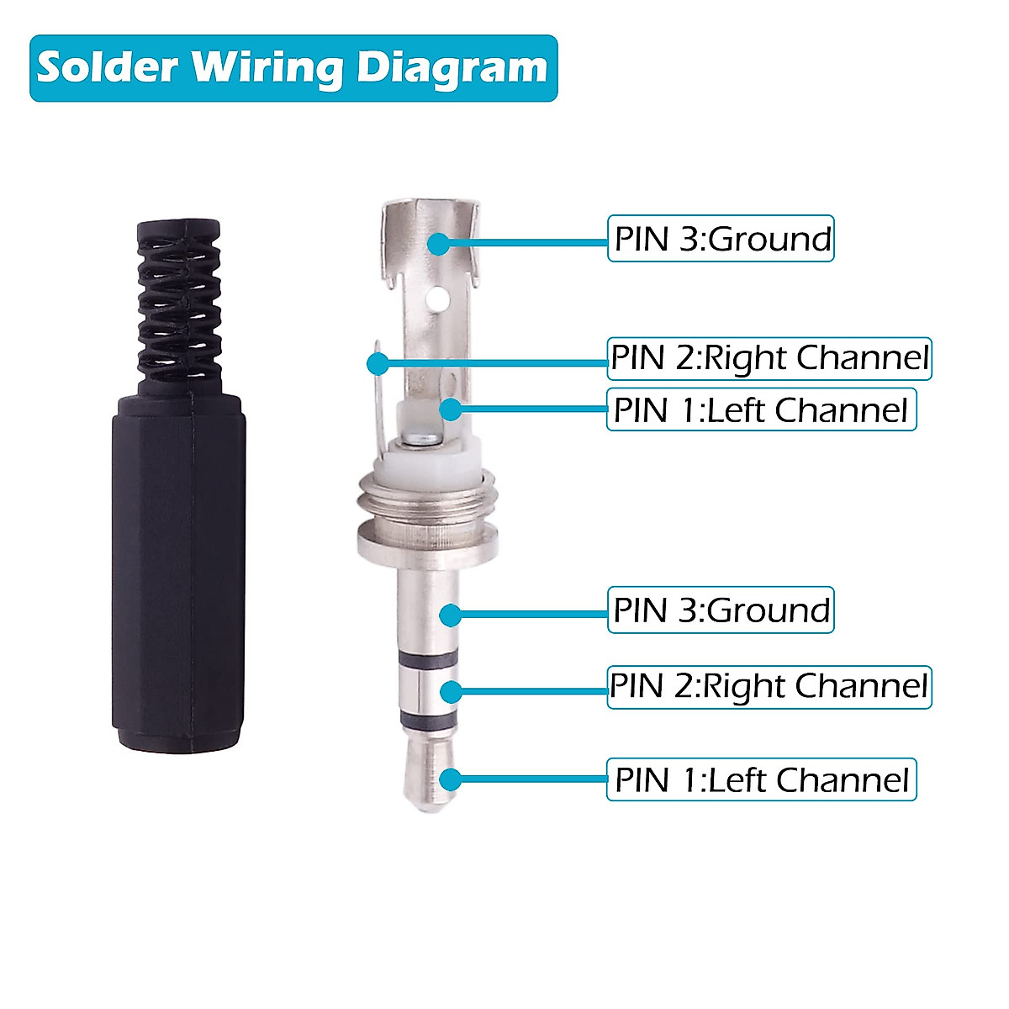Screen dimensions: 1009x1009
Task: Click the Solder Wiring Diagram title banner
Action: click(293, 68)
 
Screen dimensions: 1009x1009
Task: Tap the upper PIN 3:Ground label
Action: click(721, 239)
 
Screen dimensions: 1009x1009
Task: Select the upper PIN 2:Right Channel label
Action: click(769, 358)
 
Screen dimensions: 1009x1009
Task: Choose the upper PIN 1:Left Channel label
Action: click(761, 410)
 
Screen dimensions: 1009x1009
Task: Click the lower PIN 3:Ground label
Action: click(721, 610)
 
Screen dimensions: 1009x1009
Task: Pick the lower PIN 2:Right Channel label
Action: click(769, 687)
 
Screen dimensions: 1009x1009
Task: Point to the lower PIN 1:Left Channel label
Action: click(761, 780)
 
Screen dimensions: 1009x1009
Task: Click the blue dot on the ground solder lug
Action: click(438, 244)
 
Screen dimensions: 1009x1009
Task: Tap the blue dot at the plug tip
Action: click(452, 779)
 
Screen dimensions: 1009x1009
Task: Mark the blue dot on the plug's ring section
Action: click(452, 691)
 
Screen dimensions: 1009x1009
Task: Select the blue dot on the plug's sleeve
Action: click(452, 615)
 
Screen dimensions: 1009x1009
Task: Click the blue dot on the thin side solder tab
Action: click(378, 363)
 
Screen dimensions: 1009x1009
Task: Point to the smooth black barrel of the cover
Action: click(179, 572)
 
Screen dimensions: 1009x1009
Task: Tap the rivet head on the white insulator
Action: click(418, 438)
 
